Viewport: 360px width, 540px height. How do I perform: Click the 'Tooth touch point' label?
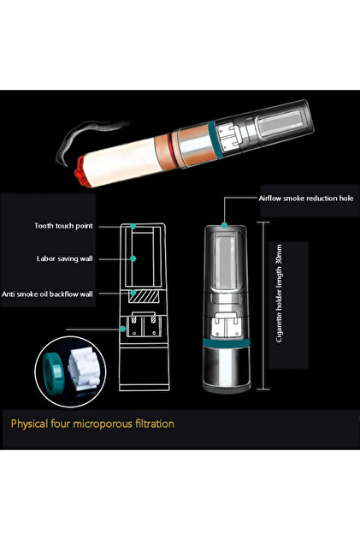pos(63,226)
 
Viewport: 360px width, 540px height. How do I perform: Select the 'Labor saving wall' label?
pos(65,258)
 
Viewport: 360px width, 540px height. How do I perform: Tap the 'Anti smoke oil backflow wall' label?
pos(47,294)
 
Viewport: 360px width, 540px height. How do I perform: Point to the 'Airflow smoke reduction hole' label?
pos(306,199)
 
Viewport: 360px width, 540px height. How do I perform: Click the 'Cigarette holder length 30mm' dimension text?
pos(279,294)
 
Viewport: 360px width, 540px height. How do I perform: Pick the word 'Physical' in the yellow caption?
pos(29,424)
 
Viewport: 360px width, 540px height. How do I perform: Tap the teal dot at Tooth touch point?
pos(133,226)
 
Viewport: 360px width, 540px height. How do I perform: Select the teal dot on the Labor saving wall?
pos(133,258)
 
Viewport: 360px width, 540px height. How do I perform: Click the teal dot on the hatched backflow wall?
pos(133,294)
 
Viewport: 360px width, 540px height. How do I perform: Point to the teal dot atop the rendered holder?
pos(224,225)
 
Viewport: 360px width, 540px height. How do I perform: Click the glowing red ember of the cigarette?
pos(81,172)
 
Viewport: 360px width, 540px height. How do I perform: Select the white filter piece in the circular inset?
pos(83,369)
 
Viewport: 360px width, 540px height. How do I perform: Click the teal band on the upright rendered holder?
pos(226,343)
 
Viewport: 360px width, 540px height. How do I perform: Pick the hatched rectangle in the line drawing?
pos(144,296)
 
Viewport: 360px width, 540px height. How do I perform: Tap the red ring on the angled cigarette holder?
pos(171,147)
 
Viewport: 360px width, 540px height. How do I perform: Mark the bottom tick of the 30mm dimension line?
pos(263,389)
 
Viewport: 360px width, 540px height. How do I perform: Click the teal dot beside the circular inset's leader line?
pos(122,329)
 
